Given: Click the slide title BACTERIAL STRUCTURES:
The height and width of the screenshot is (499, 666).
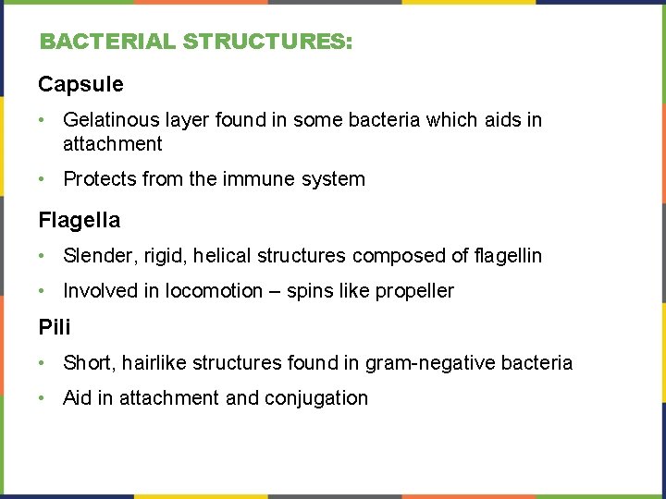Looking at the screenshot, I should [x=195, y=43].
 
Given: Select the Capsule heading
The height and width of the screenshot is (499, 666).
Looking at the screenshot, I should [x=80, y=85].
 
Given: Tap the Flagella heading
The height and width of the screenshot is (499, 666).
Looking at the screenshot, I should [x=79, y=220].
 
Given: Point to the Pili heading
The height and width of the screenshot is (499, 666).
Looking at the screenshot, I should [x=55, y=327].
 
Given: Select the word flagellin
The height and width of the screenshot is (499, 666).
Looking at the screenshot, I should [x=507, y=256].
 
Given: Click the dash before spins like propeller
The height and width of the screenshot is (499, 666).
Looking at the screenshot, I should [x=275, y=291].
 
